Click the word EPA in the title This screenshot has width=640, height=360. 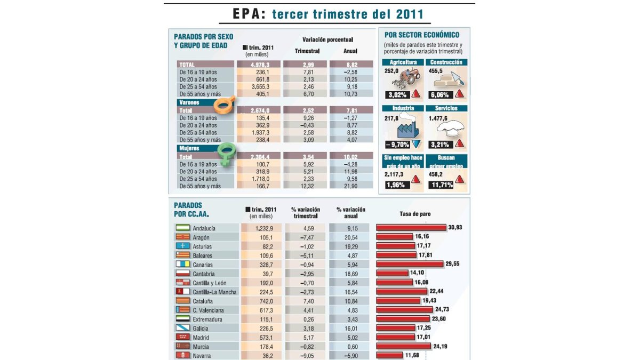(x=249, y=14)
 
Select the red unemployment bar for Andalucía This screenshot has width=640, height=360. (x=411, y=228)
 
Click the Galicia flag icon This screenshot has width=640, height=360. (x=182, y=329)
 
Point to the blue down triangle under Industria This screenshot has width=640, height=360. (x=415, y=144)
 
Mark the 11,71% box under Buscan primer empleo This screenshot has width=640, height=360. (x=439, y=185)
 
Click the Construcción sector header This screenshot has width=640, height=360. (x=447, y=62)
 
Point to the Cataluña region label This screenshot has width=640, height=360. (x=204, y=301)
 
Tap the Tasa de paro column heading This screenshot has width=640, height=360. (x=415, y=214)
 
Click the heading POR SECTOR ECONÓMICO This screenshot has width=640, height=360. (x=421, y=35)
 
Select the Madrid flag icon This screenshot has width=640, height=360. (x=182, y=338)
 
